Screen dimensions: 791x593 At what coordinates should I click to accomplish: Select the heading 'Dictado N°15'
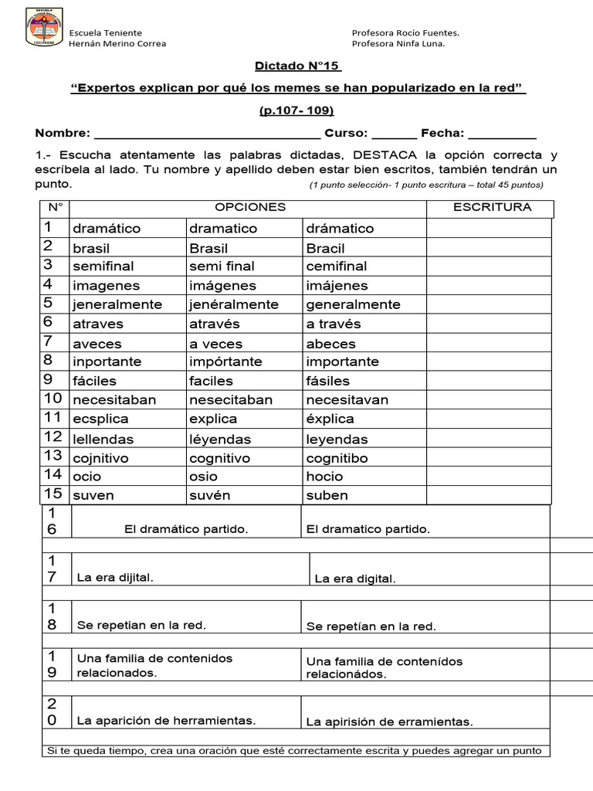pos(298,66)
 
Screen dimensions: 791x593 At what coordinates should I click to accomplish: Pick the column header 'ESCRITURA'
pos(492,207)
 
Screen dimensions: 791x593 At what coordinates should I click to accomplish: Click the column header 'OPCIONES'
pos(250,207)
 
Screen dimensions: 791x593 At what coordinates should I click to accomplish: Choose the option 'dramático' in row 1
pos(107,229)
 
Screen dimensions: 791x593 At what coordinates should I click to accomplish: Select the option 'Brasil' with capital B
pos(208,248)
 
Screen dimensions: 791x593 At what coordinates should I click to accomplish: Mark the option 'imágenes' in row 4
pos(221,286)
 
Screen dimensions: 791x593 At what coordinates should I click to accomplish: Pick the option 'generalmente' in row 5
pos(353,304)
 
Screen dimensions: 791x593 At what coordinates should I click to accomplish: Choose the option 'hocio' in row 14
pos(324,477)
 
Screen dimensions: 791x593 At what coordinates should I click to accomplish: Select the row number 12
pos(53,438)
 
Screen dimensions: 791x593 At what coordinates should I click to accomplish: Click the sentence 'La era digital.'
pos(355,579)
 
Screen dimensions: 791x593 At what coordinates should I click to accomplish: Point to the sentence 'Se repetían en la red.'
pos(371,626)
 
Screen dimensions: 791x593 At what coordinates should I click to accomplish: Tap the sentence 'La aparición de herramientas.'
pos(166,721)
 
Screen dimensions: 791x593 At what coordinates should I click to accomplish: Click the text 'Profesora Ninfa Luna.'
pos(398,43)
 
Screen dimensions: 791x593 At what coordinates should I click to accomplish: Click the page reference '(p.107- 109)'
pos(296,110)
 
